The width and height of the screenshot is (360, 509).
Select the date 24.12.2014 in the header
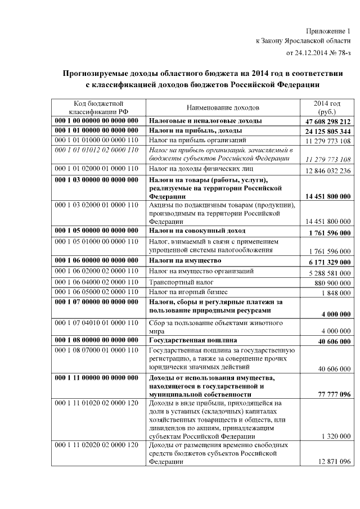310,53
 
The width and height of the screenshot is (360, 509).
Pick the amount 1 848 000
336,293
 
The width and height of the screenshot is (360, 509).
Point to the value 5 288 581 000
328,273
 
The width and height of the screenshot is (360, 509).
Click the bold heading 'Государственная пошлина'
192,340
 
